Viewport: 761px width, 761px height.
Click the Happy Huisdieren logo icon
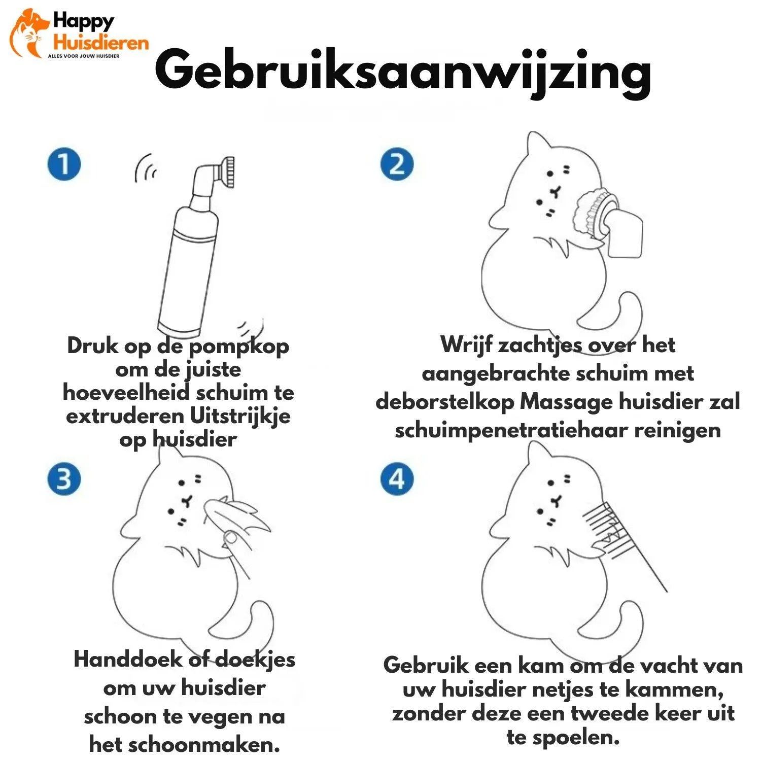point(28,33)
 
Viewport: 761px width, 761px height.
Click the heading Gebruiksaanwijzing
point(403,71)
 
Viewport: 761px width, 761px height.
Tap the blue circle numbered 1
point(64,164)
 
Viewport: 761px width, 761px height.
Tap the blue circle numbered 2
point(397,164)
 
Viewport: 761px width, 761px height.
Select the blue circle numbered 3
point(64,478)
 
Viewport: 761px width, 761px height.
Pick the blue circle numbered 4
point(397,478)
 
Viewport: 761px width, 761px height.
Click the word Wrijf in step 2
point(466,345)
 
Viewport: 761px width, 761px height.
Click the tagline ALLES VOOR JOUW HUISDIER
point(84,56)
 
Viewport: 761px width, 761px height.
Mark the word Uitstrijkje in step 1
point(240,416)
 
